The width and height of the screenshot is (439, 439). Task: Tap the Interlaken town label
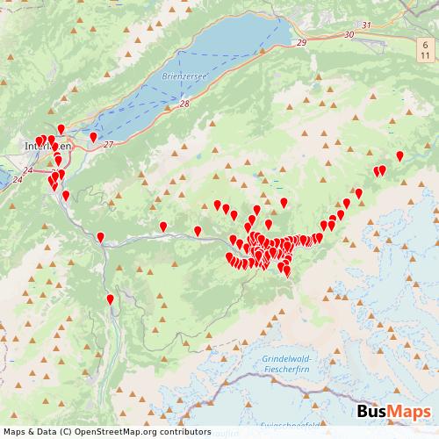pyautogui.click(x=47, y=147)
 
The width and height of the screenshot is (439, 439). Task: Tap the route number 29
pyautogui.click(x=302, y=42)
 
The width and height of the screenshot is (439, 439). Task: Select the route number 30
pyautogui.click(x=349, y=34)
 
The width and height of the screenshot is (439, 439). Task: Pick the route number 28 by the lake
pyautogui.click(x=184, y=104)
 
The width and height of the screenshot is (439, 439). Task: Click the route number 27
pyautogui.click(x=108, y=144)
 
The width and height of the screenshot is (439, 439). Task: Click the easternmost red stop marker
pyautogui.click(x=399, y=156)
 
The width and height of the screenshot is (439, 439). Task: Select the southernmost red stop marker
pyautogui.click(x=110, y=300)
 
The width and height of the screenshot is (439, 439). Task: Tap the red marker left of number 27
pyautogui.click(x=93, y=137)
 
